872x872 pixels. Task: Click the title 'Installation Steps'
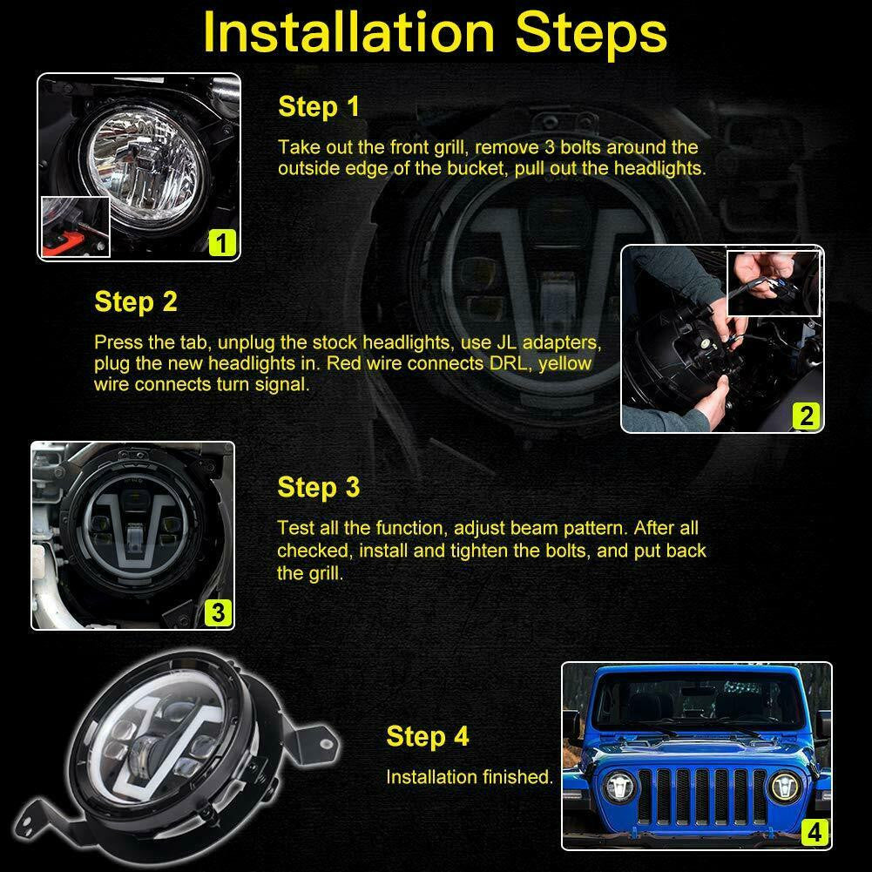436,34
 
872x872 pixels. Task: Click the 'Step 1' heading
318,106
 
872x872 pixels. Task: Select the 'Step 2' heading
135,301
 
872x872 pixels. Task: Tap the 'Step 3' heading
318,487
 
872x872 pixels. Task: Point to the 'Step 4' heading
427,736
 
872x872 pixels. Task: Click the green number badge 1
222,242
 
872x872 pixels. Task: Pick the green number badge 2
806,416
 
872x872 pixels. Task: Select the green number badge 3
218,612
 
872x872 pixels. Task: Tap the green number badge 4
814,833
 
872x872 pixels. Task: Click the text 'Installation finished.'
470,776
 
